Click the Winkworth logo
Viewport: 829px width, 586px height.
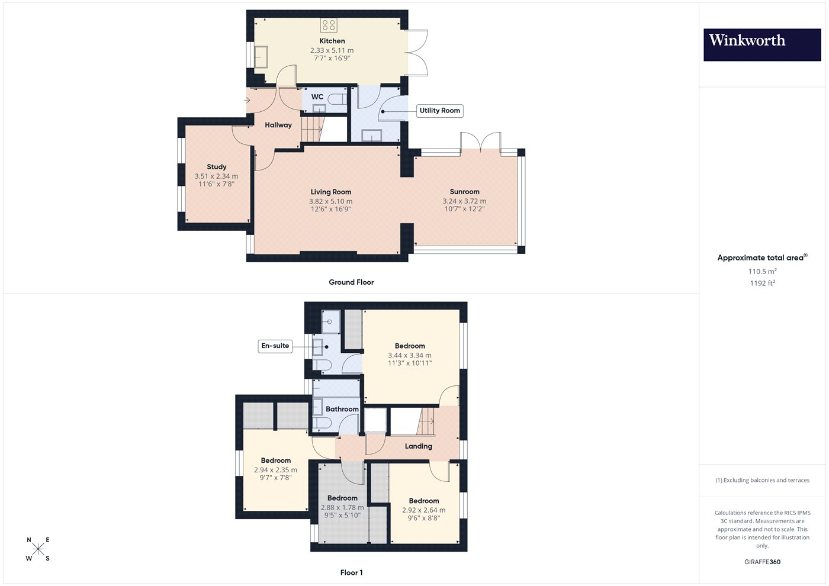tap(762, 45)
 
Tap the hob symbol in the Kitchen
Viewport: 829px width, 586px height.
tap(329, 25)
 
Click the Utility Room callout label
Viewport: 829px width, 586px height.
tap(439, 111)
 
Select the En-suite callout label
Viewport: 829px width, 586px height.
tap(275, 346)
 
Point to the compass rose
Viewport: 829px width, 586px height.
tap(38, 549)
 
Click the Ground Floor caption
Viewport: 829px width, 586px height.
tap(351, 282)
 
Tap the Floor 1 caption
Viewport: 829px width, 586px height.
tap(351, 573)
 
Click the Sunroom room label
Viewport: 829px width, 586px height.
tap(464, 192)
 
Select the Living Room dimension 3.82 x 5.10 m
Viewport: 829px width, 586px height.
tap(331, 202)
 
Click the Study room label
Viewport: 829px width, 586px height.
tap(217, 167)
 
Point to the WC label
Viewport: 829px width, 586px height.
tap(317, 97)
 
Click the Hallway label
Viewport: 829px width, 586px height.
tap(278, 125)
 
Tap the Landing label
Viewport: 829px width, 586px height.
tap(418, 446)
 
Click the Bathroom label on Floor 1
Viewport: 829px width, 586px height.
tap(342, 409)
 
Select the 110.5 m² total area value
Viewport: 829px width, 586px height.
tap(763, 271)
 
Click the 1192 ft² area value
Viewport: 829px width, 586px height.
tap(762, 283)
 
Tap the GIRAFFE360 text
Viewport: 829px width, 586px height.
tap(763, 562)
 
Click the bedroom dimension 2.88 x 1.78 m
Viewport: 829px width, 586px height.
tap(342, 508)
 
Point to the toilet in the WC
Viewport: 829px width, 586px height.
tap(338, 99)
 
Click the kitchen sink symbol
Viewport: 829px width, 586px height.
tap(261, 57)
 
